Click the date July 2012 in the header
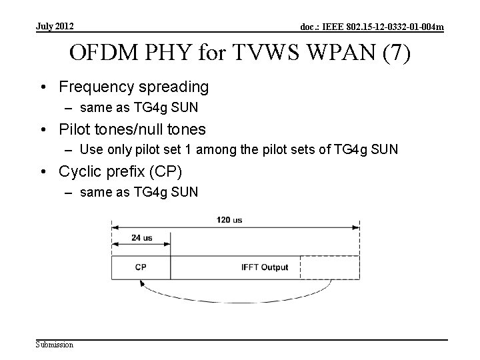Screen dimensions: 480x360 point(55,27)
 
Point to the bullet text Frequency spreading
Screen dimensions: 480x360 point(133,87)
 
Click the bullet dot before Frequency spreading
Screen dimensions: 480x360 point(49,87)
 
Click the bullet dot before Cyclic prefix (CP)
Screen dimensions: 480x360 point(49,171)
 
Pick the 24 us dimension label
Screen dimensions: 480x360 point(141,237)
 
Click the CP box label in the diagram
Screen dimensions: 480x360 point(141,267)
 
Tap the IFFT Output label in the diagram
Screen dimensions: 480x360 point(265,267)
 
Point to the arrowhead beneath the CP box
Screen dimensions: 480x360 point(141,283)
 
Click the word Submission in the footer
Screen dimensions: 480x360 point(55,344)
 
